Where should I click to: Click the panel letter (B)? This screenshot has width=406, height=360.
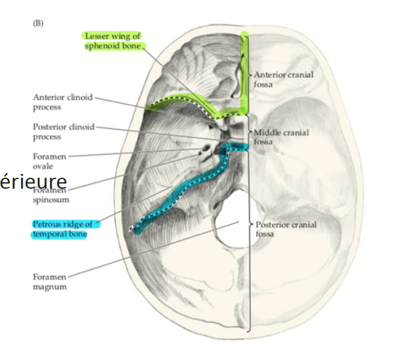tap(37, 23)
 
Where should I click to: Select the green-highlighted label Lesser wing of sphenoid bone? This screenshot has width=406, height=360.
tap(113, 41)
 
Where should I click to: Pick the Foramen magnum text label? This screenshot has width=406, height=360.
tap(50, 282)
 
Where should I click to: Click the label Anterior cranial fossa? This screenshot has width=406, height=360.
tap(284, 79)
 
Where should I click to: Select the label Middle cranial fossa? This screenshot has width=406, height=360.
tap(281, 137)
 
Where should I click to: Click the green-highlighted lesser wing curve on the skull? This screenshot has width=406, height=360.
tap(187, 102)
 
